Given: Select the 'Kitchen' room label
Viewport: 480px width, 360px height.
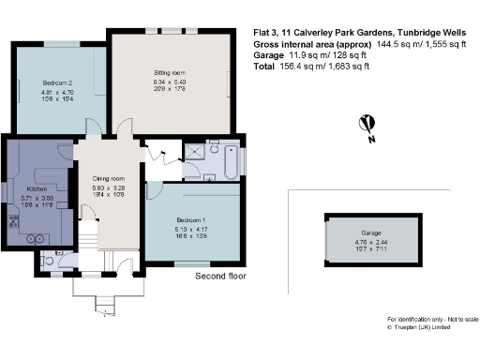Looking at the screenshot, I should pyautogui.click(x=22, y=188).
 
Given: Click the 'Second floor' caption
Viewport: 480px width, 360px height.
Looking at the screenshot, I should pyautogui.click(x=220, y=277).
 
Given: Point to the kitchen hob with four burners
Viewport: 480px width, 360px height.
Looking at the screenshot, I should pyautogui.click(x=13, y=221).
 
